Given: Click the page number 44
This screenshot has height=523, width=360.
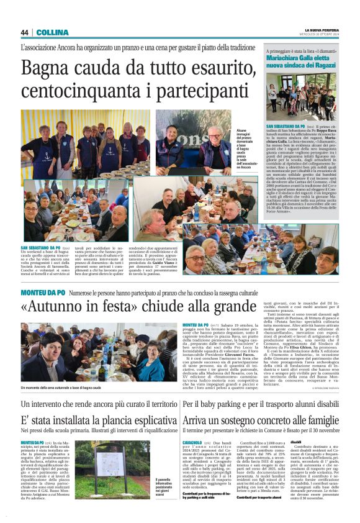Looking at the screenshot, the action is pos(25,32).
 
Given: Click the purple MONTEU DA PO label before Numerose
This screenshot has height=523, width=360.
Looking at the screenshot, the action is pos(42,291).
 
